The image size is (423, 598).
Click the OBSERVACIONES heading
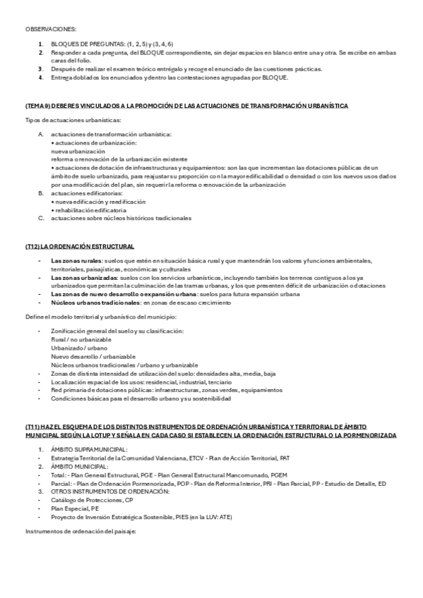pos(50,29)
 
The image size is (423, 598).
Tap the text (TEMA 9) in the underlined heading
pos(35,104)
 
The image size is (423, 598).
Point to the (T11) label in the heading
pos(32,427)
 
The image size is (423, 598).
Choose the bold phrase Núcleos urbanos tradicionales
pos(95,303)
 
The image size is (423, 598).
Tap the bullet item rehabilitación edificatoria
pos(90,209)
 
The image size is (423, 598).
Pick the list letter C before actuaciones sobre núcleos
pos(40,218)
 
